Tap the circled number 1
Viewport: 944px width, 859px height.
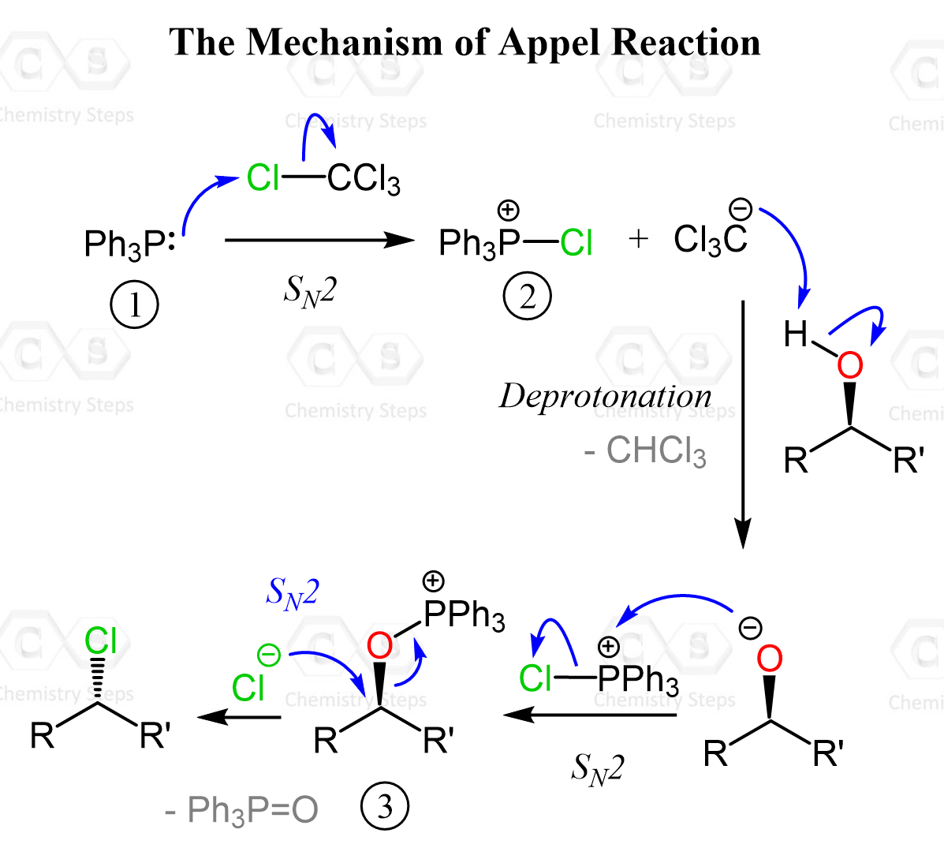point(134,304)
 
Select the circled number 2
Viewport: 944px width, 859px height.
point(527,297)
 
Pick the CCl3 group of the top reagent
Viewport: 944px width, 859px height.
point(364,179)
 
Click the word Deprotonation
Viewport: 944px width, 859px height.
point(605,396)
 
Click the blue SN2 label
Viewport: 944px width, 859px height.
point(293,592)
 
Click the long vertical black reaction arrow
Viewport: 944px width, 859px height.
point(743,422)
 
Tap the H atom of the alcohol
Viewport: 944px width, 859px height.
point(796,334)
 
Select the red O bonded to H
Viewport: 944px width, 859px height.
point(849,365)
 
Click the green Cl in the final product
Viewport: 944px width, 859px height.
point(101,641)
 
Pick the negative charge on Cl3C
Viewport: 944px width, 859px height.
point(741,210)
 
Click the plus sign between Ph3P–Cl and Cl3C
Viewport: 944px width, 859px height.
point(639,238)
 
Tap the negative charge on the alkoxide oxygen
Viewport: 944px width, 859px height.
point(750,629)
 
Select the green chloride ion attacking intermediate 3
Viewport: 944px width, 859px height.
point(248,688)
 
